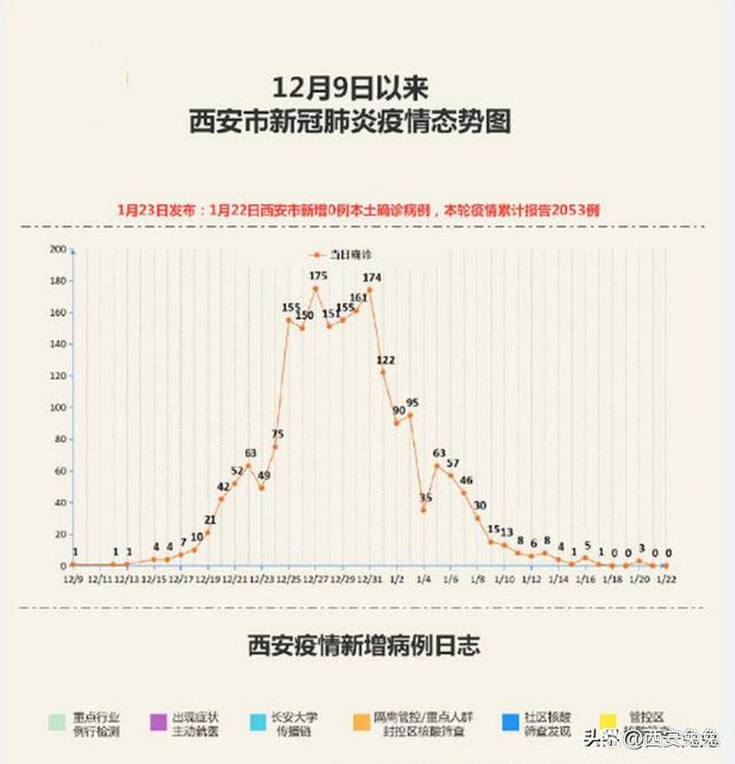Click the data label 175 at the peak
point(319,275)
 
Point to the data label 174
point(372,278)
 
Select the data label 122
point(386,359)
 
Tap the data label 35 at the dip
point(425,497)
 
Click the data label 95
point(413,403)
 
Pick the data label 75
point(277,434)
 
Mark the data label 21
point(210,520)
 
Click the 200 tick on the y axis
point(58,249)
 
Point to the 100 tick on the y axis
point(58,407)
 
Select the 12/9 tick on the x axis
point(72,580)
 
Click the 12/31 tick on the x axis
point(369,580)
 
